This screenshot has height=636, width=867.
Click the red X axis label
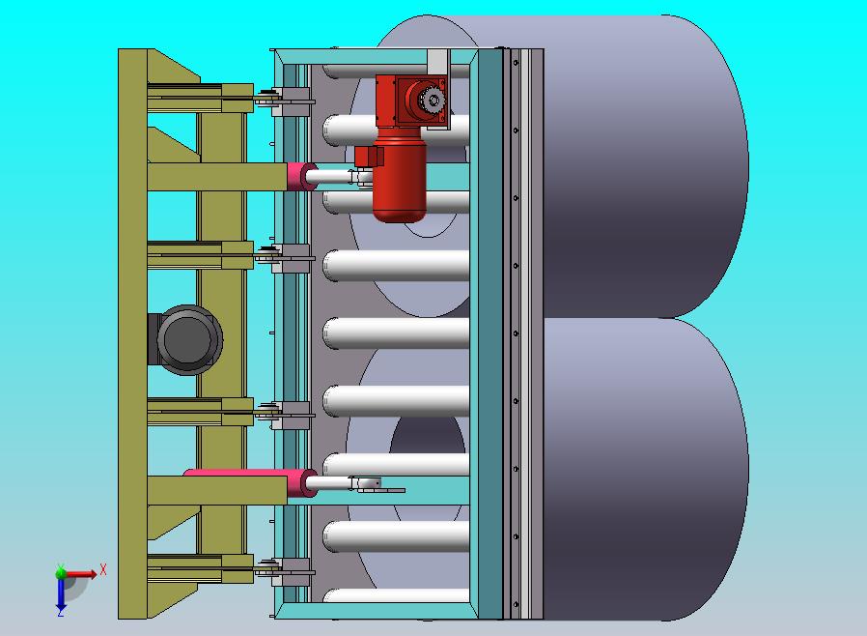[x=103, y=569]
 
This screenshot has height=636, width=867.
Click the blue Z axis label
[x=60, y=612]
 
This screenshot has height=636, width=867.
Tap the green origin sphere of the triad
[x=61, y=573]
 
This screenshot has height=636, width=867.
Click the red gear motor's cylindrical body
[x=399, y=180]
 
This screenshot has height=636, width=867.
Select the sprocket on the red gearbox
[x=433, y=101]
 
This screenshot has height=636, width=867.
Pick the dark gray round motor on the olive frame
[x=186, y=340]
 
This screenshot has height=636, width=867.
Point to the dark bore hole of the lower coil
[x=428, y=437]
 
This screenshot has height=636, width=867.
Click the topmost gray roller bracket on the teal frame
[x=292, y=101]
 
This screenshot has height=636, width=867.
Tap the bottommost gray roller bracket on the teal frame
[x=292, y=572]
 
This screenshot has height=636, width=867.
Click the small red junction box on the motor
[x=369, y=156]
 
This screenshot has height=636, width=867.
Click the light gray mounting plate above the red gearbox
[x=436, y=62]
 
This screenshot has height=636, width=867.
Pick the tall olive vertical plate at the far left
[x=132, y=333]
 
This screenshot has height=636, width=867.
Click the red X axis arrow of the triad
[x=80, y=573]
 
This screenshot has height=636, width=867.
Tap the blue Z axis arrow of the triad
[x=61, y=593]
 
